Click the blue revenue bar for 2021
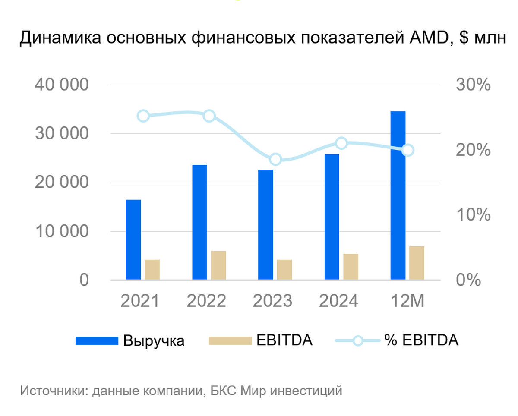point(133,240)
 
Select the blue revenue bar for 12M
point(398,195)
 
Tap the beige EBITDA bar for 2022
point(218,265)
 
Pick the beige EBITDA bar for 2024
point(351,267)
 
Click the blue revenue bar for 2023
point(265,224)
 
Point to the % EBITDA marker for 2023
point(275,160)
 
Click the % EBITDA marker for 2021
point(143,116)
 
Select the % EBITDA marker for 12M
point(408,150)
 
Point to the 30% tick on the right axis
point(473,85)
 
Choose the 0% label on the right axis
point(468,280)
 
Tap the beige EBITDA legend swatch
point(230,341)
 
